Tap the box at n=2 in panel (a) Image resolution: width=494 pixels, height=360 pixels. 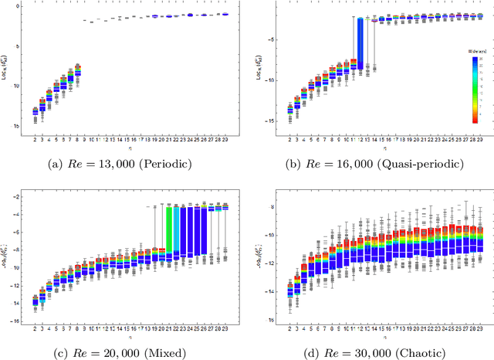pos(35,112)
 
